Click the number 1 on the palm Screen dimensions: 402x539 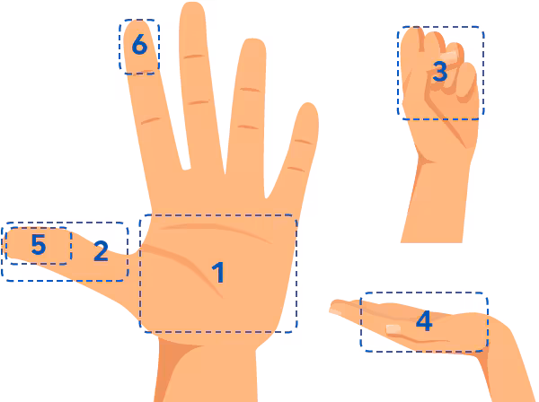click(217, 272)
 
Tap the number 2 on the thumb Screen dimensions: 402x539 click(101, 251)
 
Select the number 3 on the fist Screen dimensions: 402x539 click(439, 71)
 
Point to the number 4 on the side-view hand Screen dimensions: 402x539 click(424, 320)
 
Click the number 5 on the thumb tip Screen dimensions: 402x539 click(38, 244)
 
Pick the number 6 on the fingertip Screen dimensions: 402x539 click(139, 43)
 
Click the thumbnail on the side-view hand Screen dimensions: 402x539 click(393, 329)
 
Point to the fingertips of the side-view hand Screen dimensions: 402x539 click(335, 310)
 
